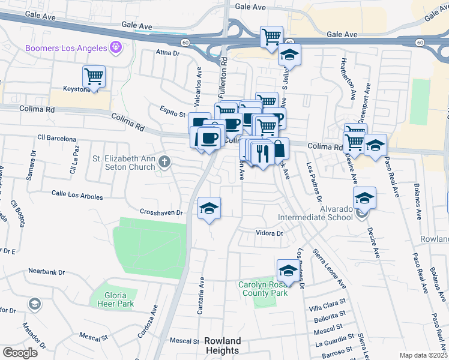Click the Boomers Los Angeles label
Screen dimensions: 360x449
click(65, 47)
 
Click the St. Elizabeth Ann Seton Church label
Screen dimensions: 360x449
click(123, 163)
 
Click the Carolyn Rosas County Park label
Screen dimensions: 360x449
click(263, 289)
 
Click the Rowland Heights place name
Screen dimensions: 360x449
click(221, 346)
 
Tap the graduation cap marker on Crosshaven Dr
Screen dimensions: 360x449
click(209, 209)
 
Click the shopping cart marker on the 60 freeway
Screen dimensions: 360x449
click(271, 37)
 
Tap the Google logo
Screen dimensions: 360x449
click(19, 353)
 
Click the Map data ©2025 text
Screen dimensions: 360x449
click(424, 355)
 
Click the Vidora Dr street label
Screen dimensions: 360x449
click(269, 233)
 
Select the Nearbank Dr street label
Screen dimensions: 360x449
click(46, 272)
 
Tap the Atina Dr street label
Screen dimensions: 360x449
click(167, 53)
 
